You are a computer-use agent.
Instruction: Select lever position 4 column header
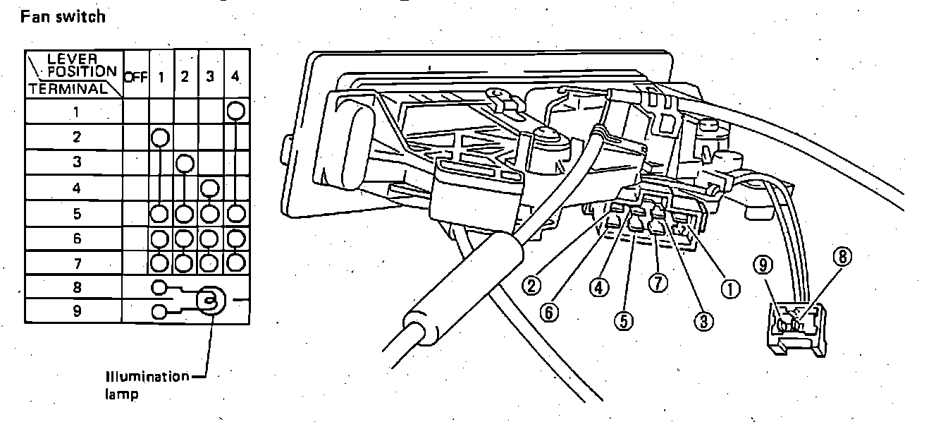235,75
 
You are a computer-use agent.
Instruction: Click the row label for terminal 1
75,111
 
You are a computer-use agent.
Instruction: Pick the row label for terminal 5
75,213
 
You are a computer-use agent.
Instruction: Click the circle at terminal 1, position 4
236,111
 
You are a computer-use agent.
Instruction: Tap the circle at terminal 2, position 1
161,136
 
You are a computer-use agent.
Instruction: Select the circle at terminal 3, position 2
185,163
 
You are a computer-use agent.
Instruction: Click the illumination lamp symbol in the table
209,301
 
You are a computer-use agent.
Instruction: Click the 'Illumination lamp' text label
147,385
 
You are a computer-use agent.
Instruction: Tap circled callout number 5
623,320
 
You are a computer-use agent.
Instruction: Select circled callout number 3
702,320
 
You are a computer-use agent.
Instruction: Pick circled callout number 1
729,288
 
